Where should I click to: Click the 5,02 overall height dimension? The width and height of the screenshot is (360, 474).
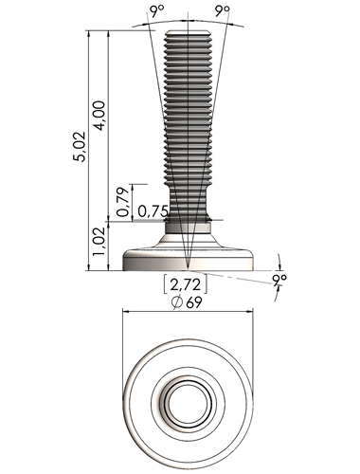(80, 147)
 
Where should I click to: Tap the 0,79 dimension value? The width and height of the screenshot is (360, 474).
(123, 202)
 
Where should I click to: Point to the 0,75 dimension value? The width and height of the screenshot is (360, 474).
(153, 211)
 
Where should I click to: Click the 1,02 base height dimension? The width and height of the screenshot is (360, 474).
(99, 242)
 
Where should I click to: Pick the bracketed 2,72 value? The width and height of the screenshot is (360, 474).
(186, 284)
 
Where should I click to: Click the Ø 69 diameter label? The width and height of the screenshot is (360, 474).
(187, 302)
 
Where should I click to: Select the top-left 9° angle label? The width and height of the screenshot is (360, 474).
(157, 12)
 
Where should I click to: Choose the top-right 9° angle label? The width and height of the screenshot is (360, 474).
(223, 12)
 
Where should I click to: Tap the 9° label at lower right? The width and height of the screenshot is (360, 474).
(279, 280)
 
